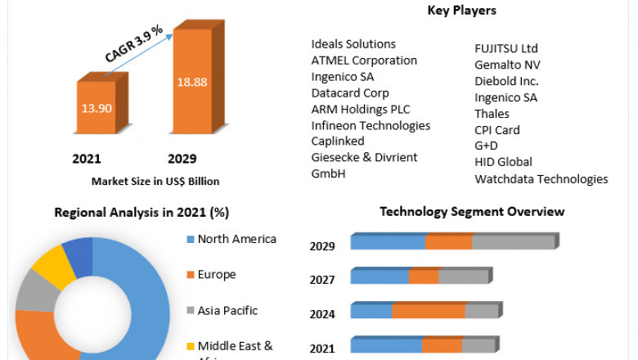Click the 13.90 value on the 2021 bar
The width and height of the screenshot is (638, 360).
coord(97,108)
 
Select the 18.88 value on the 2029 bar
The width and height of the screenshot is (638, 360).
coord(192,82)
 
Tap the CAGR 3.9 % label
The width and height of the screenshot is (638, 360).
coord(134,43)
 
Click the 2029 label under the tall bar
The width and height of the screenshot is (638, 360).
coord(182,158)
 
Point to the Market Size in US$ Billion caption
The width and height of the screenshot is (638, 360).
coord(155,181)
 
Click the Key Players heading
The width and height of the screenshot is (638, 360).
coord(461,11)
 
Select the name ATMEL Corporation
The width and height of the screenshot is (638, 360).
coord(364,61)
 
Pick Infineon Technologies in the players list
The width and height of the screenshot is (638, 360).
coord(371,126)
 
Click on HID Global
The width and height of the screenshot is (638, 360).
coord(503,162)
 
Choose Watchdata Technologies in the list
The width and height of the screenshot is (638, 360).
coord(541,178)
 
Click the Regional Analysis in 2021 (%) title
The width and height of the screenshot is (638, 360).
coord(142,213)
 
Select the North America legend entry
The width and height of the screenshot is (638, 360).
coord(236,240)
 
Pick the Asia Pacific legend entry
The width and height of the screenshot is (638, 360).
coord(227,311)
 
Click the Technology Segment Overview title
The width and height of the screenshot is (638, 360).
coord(472,212)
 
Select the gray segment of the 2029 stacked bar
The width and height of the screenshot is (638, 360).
coord(513,242)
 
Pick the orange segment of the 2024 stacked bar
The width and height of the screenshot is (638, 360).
coord(429,311)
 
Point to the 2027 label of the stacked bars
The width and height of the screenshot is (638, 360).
coord(322,280)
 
